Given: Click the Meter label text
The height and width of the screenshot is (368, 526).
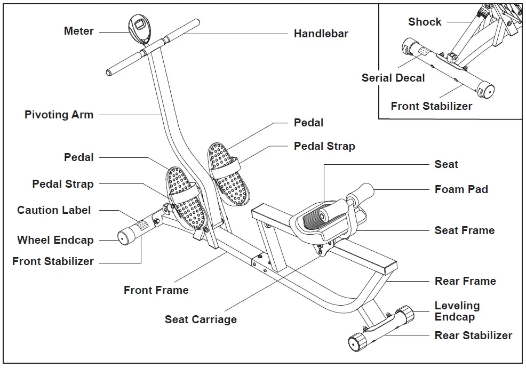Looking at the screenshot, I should coord(78,31).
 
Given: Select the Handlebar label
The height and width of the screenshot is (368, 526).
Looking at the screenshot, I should coord(321,34).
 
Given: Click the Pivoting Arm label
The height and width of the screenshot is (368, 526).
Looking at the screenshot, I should coord(59,115).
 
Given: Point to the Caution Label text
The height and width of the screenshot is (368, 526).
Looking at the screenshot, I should coord(54,210).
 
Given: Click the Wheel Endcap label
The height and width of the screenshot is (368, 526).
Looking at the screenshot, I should coord(55,240).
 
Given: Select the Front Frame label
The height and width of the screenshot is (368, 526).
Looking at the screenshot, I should coord(156,291).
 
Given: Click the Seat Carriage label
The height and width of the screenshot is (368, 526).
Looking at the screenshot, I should coord(201,319).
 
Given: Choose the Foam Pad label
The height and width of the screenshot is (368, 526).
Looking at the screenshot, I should coord(461,189).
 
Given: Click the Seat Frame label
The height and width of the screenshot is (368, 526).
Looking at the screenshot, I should coord(464,230).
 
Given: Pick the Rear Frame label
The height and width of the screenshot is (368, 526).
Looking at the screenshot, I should coord(465,281).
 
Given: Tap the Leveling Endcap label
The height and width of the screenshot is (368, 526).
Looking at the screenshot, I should coord(457,311).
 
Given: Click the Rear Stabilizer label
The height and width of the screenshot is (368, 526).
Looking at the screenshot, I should coord(473,335).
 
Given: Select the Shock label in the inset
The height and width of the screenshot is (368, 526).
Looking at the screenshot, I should coord(425,22).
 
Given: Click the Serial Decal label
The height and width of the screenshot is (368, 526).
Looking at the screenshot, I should coord(393,78).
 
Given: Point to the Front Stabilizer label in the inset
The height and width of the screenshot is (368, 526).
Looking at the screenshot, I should coord(431,106).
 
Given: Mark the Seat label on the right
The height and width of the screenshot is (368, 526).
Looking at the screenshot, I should coord(446,164).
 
